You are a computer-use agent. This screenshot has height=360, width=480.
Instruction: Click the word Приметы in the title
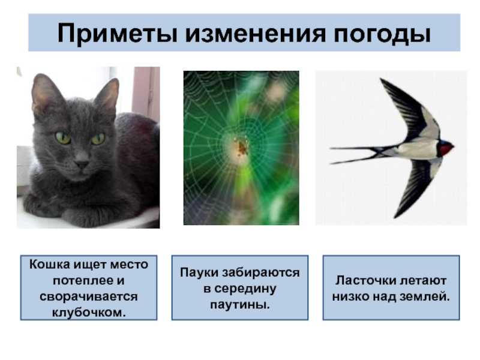click(x=118, y=33)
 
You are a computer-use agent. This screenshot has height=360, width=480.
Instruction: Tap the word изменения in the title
click(x=256, y=33)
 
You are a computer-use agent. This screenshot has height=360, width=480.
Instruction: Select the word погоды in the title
click(x=382, y=34)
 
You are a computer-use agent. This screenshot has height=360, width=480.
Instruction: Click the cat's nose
click(x=82, y=164)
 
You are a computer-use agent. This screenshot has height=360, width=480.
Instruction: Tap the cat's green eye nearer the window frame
click(x=98, y=139)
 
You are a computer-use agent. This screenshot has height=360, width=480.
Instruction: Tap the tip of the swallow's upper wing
click(x=380, y=79)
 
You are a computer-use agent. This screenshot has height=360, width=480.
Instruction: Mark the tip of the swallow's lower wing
click(x=395, y=217)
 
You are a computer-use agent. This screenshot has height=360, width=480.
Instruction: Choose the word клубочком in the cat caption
click(x=89, y=313)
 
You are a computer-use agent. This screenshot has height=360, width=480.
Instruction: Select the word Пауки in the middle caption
click(x=199, y=272)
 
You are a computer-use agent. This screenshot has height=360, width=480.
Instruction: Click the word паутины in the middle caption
click(x=239, y=305)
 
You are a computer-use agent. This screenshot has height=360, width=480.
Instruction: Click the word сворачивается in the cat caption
click(x=89, y=296)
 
